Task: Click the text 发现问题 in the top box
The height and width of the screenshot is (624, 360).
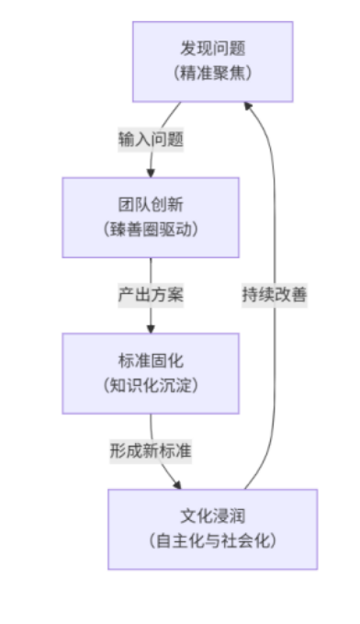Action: tap(212, 49)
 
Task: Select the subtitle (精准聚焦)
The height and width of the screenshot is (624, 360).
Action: tap(212, 73)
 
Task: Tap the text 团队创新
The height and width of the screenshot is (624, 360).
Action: tap(151, 204)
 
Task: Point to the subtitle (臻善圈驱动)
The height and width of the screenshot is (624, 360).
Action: tap(151, 229)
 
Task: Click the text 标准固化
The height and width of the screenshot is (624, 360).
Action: tap(151, 359)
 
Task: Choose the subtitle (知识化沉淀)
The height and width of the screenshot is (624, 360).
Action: tap(151, 384)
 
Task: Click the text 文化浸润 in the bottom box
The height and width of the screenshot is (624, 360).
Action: tap(212, 516)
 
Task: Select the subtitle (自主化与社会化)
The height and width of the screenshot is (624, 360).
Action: tap(212, 540)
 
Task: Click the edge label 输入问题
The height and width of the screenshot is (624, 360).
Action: tap(151, 140)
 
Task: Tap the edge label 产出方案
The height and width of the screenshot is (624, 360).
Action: tap(151, 295)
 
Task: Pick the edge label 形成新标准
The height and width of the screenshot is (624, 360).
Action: tap(151, 451)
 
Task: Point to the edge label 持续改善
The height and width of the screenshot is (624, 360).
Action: tap(275, 295)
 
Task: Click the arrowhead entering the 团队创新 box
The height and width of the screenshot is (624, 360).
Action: tap(151, 171)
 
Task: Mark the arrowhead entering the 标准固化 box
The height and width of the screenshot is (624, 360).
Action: tap(151, 327)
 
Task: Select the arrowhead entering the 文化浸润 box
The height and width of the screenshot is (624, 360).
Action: tap(174, 483)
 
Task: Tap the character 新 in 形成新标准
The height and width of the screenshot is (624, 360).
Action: tap(151, 451)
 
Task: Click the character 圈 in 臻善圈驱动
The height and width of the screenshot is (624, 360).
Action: tap(151, 229)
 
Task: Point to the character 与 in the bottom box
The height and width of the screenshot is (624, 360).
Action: tap(212, 540)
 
